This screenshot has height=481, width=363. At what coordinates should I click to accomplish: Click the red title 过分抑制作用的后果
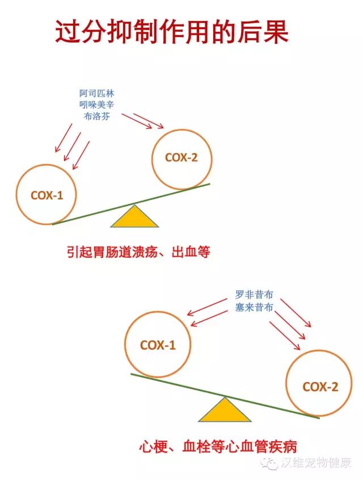pos(172,32)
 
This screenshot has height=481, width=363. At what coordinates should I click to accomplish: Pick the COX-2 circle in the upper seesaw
pos(181,158)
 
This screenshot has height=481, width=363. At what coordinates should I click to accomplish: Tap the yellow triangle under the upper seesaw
pos(135,216)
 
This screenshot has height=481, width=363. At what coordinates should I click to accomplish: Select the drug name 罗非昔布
pos(254,295)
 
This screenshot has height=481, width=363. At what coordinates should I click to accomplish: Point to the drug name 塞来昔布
pos(254,307)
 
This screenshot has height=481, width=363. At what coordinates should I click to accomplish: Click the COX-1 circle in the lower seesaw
pos(158,345)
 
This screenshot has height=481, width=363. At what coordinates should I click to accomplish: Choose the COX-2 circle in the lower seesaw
pos(320,387)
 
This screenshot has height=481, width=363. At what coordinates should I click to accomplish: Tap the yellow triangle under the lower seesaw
pos(225,410)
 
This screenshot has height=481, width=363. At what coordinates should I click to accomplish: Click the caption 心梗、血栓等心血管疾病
pos(218,446)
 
